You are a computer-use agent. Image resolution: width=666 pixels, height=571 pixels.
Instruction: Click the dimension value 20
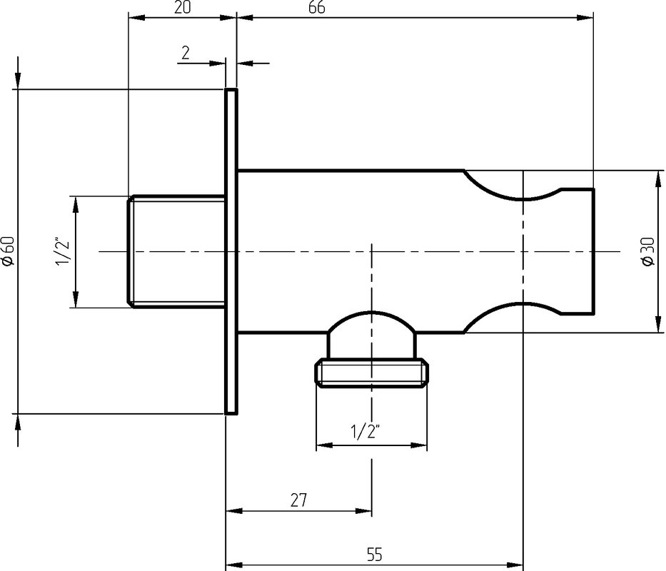pyautogui.click(x=183, y=7)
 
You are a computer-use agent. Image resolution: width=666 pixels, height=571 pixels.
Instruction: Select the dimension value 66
pyautogui.click(x=317, y=7)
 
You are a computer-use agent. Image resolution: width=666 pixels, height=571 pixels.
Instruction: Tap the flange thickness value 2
pyautogui.click(x=186, y=53)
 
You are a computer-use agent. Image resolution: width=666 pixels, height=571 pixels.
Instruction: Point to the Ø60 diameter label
pyautogui.click(x=9, y=251)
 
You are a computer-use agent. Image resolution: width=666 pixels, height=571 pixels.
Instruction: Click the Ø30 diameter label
pyautogui.click(x=648, y=251)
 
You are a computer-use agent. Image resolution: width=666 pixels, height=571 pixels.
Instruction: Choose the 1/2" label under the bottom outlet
pyautogui.click(x=365, y=432)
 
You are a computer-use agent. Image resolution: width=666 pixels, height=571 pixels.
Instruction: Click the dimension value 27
pyautogui.click(x=298, y=500)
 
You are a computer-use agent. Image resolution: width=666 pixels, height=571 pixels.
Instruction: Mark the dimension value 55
pyautogui.click(x=374, y=555)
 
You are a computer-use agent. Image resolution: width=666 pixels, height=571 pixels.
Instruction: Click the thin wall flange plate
pyautogui.click(x=231, y=251)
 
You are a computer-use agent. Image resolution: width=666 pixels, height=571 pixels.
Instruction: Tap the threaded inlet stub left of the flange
pyautogui.click(x=176, y=251)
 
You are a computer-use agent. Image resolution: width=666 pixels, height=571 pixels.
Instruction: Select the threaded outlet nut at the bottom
pyautogui.click(x=372, y=373)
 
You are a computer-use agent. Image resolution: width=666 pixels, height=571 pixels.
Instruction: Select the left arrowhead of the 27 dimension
pyautogui.click(x=234, y=510)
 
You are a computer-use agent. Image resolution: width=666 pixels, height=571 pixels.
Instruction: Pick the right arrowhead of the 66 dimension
pyautogui.click(x=585, y=17)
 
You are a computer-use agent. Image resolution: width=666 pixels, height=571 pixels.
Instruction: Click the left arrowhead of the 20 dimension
pyautogui.click(x=137, y=17)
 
